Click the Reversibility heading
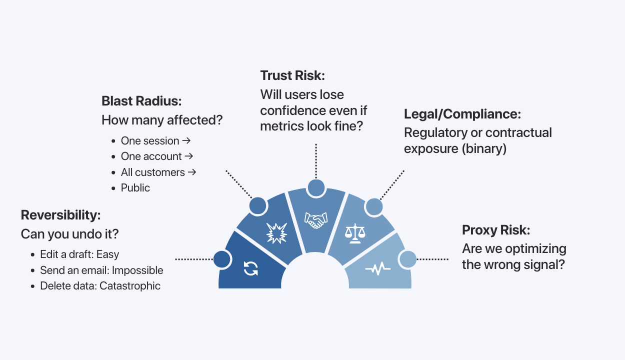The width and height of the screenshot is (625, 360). (61, 215)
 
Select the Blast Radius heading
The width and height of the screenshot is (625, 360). (141, 101)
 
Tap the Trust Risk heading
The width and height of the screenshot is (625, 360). (292, 75)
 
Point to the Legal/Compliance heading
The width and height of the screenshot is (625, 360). (462, 114)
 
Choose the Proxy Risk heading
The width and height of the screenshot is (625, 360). (496, 230)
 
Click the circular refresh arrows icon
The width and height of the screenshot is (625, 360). (250, 268)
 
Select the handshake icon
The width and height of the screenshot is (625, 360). (315, 220)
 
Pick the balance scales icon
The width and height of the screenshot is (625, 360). (355, 232)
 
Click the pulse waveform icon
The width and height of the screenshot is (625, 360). (378, 269)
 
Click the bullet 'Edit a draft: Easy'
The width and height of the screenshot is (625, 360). (79, 254)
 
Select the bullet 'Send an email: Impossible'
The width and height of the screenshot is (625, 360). (101, 270)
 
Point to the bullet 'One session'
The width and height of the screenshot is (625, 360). (150, 141)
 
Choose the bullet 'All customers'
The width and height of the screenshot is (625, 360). (153, 172)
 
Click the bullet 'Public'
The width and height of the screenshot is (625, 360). (135, 188)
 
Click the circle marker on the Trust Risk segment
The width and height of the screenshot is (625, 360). (315, 188)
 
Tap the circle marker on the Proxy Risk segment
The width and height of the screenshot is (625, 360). (407, 259)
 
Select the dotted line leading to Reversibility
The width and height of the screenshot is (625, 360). (194, 259)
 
